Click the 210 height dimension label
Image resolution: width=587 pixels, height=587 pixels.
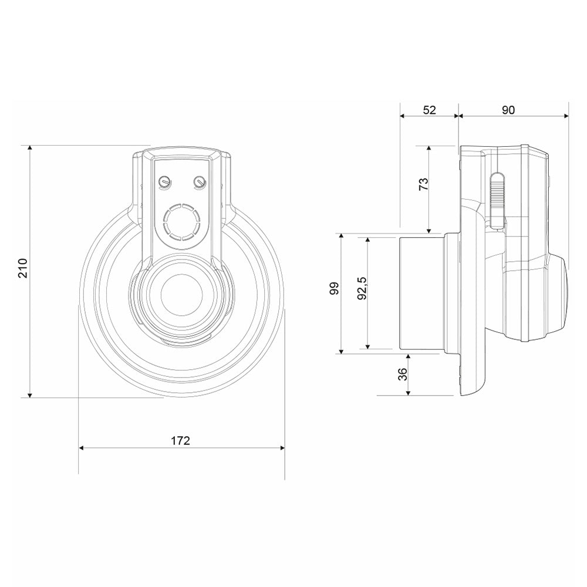tap(23, 268)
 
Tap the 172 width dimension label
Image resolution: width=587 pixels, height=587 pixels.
tap(180, 441)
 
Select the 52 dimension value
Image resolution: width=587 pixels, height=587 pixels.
tap(430, 110)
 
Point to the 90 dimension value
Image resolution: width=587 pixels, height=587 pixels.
tap(508, 110)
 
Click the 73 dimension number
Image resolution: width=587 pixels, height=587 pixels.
tap(423, 184)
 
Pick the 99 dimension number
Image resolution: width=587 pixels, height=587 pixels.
tap(335, 288)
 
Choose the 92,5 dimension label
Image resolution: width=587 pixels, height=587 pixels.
tap(362, 288)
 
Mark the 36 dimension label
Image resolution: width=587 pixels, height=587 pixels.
tap(403, 374)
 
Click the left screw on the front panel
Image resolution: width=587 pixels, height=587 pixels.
tap(164, 181)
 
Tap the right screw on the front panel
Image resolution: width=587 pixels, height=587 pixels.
tap(200, 181)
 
